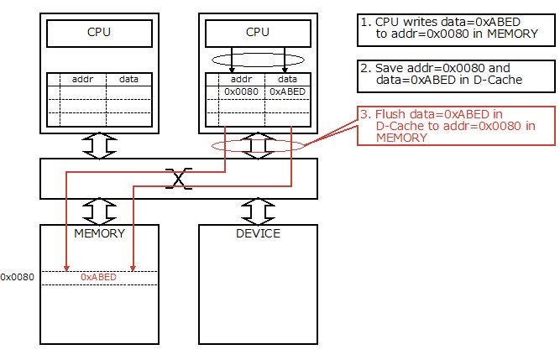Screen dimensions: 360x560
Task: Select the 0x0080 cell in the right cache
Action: [x=240, y=91]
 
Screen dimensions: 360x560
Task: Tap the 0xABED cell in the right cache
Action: [x=286, y=91]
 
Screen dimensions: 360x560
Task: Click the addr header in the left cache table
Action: [x=82, y=79]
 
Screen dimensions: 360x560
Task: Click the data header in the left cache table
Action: [x=129, y=79]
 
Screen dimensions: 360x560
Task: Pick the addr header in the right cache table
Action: [x=240, y=79]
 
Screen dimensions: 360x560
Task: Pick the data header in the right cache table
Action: [x=286, y=79]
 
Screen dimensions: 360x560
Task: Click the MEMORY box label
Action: [x=99, y=233]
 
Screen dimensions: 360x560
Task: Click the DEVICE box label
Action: [x=257, y=233]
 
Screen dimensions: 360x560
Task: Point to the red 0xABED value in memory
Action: [x=99, y=276]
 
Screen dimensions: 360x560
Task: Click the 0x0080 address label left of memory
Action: [x=17, y=277]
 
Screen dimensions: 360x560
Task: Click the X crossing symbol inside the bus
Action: [x=177, y=177]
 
